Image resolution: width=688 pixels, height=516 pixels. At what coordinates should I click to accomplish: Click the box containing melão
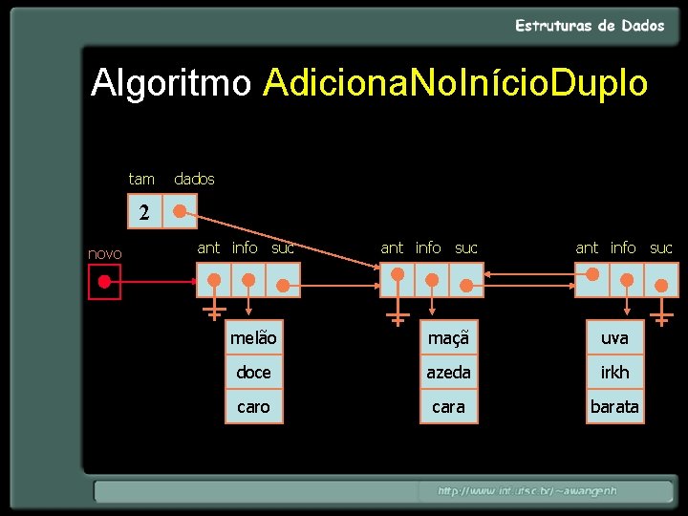point(253,338)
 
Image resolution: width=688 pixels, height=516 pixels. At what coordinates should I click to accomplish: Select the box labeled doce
point(253,373)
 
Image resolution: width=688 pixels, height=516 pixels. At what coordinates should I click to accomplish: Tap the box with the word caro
point(253,406)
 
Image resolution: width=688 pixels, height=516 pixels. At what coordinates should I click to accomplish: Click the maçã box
point(447,338)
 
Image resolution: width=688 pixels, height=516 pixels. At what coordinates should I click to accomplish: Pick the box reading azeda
point(447,373)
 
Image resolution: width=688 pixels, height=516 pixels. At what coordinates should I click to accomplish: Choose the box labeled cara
point(447,406)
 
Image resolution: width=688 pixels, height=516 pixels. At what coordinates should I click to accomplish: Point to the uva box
point(614,338)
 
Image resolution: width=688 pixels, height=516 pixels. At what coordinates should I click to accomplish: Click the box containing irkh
point(614,373)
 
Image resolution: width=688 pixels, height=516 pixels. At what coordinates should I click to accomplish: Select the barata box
point(614,406)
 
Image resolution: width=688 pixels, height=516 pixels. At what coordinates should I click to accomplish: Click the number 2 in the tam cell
point(144,212)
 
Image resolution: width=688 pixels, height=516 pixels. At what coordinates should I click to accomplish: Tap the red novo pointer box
point(104,282)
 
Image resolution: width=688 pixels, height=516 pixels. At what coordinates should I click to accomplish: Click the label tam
point(141,179)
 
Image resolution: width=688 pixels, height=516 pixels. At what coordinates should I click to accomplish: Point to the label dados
point(194,179)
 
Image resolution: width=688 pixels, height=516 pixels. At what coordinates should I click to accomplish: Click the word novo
point(104,253)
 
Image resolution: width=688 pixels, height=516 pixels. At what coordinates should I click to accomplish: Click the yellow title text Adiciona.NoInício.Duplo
point(457,83)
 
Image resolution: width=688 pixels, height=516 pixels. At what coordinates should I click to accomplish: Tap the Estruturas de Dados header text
point(590,26)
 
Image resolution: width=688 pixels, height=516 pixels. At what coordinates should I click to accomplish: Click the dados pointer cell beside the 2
point(180,211)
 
